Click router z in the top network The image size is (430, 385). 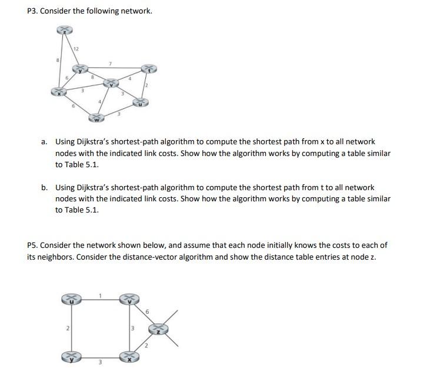tap(64, 30)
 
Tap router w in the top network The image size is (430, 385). tap(96, 119)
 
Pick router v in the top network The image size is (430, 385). tap(111, 84)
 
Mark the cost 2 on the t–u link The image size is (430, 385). tap(148, 86)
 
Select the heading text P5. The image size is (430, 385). tap(33, 245)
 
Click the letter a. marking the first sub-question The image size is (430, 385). tap(44, 142)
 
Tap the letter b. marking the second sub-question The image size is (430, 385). tap(44, 188)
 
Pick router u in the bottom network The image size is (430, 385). tap(69, 300)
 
